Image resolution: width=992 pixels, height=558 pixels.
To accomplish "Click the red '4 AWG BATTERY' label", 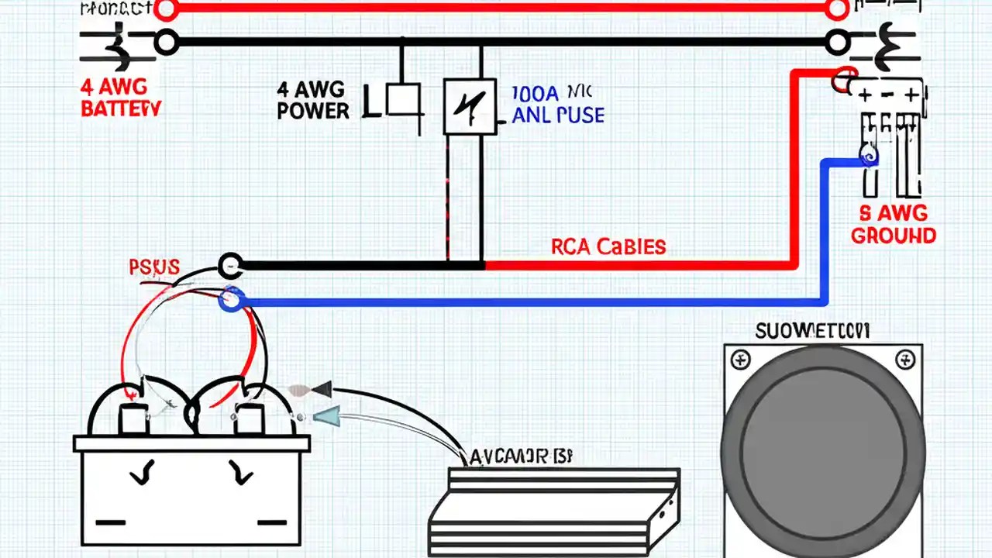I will point(120,98).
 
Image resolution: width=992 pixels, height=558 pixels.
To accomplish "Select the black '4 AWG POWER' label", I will point(313,101).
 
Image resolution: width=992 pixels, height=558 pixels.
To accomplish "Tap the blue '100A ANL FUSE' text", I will point(557,105).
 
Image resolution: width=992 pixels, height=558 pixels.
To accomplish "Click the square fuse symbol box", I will point(470,106).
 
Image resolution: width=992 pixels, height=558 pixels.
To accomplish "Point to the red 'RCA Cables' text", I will point(608,247).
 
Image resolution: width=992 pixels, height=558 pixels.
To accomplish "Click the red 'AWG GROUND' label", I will point(893,226).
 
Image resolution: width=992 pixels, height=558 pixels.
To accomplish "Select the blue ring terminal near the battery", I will point(230,300).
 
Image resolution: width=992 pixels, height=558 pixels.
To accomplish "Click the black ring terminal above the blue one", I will point(230,266).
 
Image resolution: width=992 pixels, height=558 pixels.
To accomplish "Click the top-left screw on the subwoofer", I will point(742,360).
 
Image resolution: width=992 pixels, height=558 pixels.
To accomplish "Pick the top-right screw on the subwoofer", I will point(904,360).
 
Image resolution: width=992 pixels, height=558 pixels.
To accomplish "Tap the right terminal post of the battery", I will point(249,418).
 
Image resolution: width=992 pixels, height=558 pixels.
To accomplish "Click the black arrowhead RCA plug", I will point(320,389).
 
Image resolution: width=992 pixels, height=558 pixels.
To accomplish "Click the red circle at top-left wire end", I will point(166,9).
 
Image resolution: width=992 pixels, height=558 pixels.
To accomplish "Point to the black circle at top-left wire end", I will point(166,43).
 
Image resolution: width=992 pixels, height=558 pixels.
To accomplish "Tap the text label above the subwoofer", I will point(812,332).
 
